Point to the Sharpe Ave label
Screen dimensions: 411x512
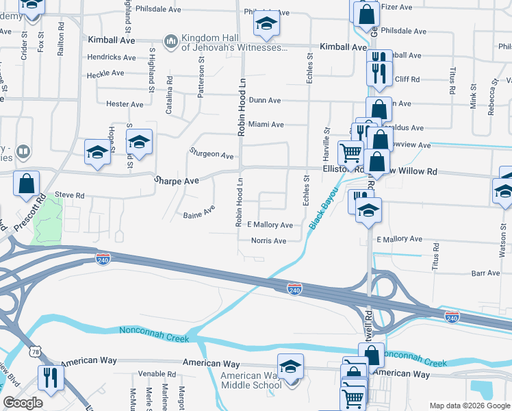(x=176, y=180)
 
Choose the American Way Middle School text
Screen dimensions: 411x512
(x=251, y=380)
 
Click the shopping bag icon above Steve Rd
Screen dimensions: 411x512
(x=26, y=184)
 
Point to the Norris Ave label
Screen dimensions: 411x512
(x=268, y=240)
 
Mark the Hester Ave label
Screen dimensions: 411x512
(x=125, y=104)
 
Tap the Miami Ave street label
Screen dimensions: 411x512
(x=266, y=125)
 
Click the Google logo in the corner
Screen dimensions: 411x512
(x=23, y=403)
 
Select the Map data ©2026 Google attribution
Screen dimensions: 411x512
(x=470, y=406)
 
